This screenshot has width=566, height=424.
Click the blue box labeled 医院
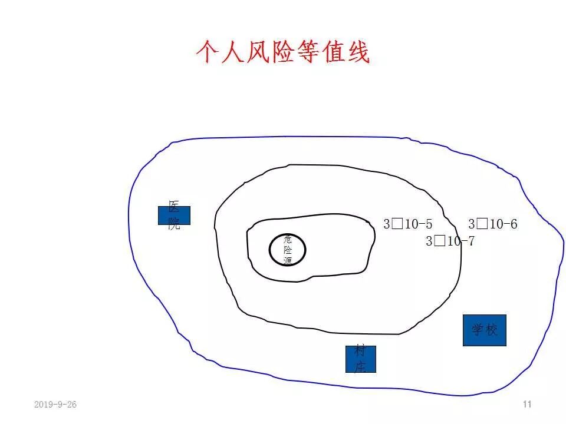tap(174, 216)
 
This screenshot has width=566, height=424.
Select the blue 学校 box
tap(485, 330)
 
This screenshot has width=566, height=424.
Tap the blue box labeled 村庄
tap(360, 359)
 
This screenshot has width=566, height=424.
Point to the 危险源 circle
tap(288, 249)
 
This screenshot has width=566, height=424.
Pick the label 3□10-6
tap(493, 224)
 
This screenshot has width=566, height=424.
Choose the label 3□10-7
tap(450, 241)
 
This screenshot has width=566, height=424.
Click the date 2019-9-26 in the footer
tap(55, 405)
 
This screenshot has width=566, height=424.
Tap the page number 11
tap(527, 404)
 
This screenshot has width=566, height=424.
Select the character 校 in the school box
tap(491, 330)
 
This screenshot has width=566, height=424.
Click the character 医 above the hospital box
tap(174, 207)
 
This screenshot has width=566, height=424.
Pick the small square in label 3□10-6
tap(482, 224)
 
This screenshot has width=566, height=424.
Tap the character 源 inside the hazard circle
tap(288, 260)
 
